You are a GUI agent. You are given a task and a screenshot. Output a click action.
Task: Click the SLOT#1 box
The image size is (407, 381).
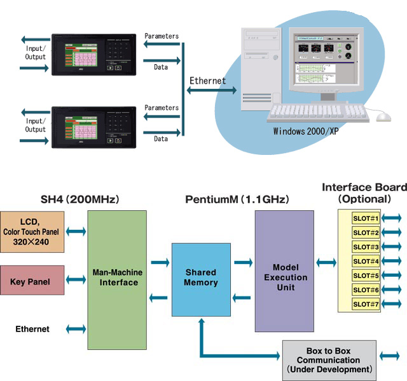tap(366, 218)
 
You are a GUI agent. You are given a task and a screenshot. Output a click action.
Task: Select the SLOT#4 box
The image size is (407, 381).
tap(366, 261)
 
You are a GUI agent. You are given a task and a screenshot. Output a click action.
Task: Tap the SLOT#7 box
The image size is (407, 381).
tap(366, 304)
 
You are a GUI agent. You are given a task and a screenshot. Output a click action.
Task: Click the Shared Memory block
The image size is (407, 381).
tap(201, 277)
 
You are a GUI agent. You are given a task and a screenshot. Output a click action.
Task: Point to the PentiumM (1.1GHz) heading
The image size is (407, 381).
tap(237, 199)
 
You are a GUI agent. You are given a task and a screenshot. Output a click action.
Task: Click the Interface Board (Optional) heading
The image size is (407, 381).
tap(364, 193)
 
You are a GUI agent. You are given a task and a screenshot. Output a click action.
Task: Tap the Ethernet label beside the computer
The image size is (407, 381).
tap(207, 81)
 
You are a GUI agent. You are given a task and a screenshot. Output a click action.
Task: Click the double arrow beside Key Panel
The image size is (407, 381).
tap(76, 280)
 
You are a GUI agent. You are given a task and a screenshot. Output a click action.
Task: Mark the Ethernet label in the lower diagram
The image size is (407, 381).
tap(32, 329)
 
